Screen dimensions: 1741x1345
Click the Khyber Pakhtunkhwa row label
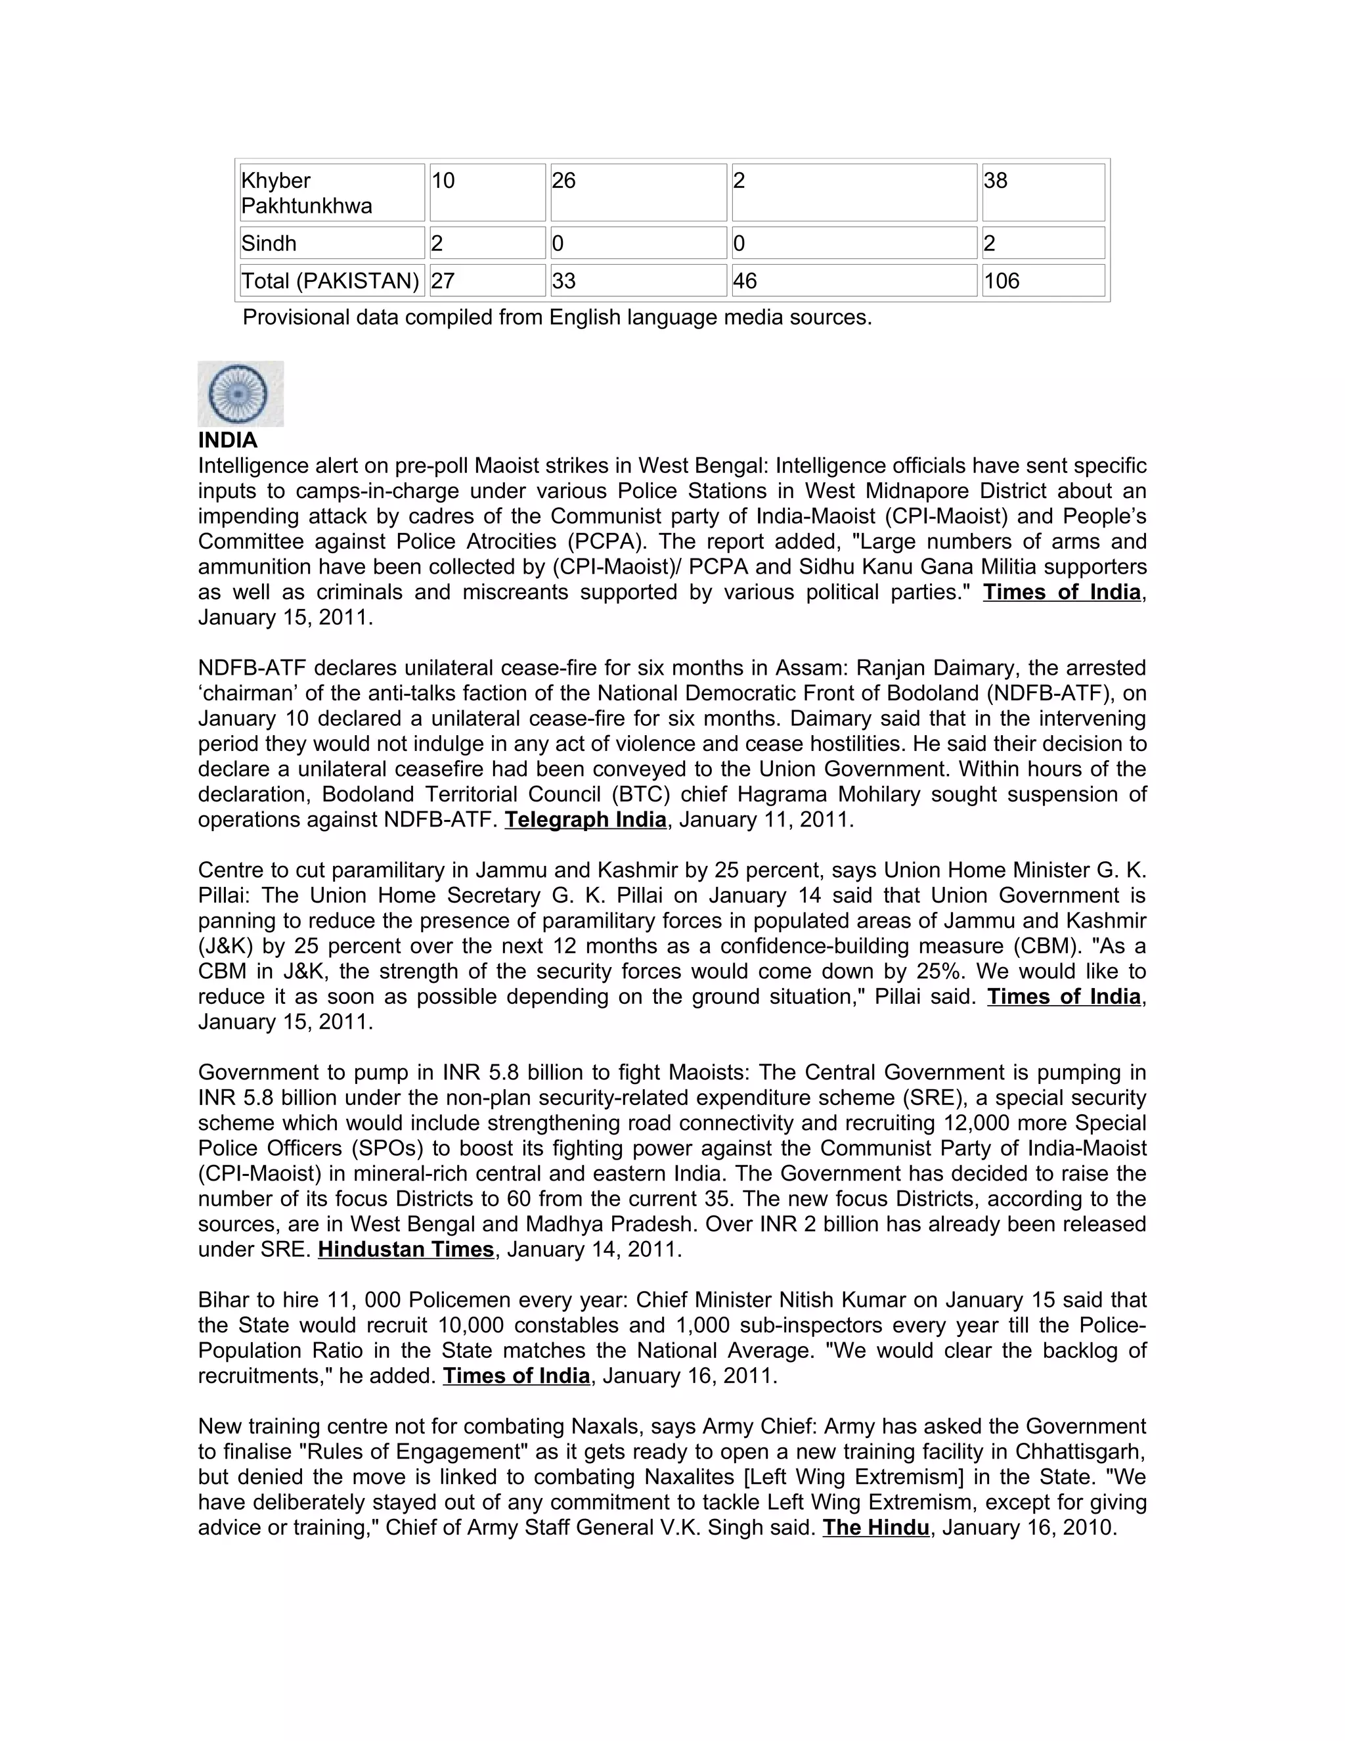[x=307, y=193]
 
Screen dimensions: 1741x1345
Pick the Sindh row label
[x=269, y=243]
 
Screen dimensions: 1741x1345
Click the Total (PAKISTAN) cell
[x=330, y=281]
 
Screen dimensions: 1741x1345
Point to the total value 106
[x=1002, y=281]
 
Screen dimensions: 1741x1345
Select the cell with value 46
[x=745, y=281]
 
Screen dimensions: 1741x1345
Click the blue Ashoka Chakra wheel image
[x=240, y=394]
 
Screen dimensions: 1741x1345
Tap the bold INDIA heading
[x=228, y=440]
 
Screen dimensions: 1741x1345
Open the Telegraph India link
[x=586, y=819]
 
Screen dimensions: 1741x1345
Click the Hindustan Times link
[x=406, y=1249]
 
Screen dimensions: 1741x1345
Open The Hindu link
[x=875, y=1527]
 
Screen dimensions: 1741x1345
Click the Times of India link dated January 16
[x=516, y=1376]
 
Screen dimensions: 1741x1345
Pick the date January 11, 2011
[x=766, y=819]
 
